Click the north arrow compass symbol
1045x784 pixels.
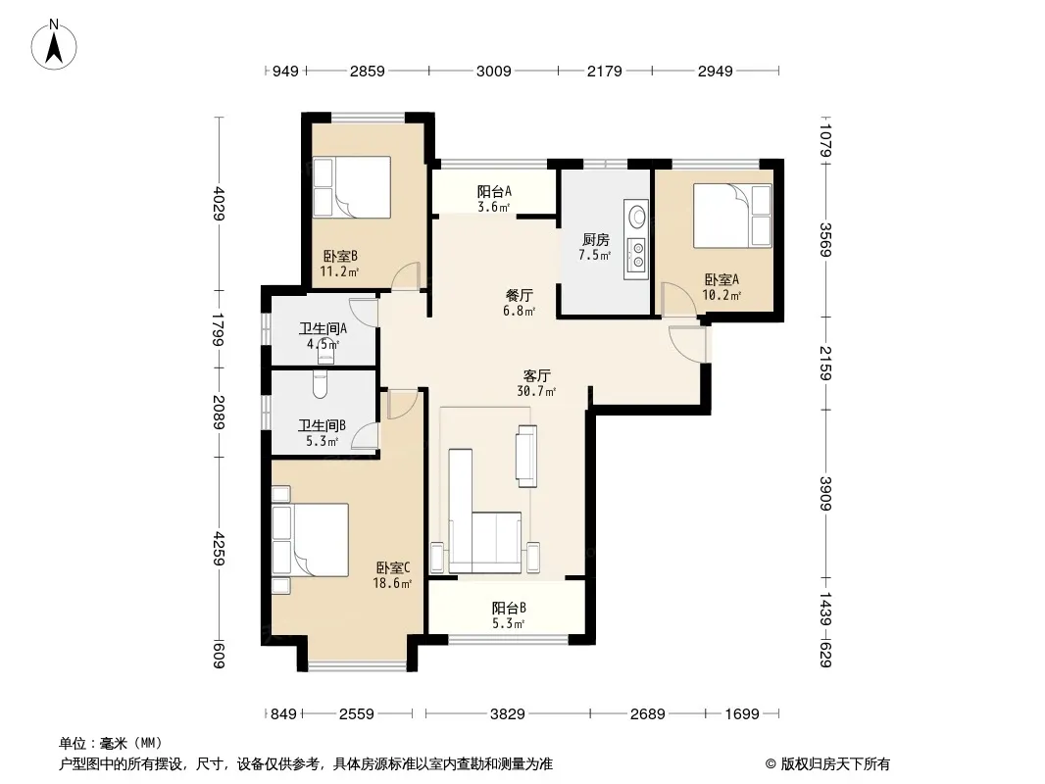54,44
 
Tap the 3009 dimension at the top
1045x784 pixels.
493,71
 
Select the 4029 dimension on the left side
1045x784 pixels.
220,203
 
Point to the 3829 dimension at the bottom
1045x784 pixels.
507,714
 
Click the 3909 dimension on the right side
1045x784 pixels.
825,494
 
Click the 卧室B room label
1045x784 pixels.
340,256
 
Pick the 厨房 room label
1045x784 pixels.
595,239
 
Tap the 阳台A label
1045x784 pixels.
494,191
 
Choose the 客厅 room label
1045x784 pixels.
536,376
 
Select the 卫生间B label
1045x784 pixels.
322,425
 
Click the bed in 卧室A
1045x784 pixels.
732,216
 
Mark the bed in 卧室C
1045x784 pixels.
310,540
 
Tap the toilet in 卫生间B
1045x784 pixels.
320,384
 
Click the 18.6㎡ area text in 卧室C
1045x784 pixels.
392,583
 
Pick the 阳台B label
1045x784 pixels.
509,608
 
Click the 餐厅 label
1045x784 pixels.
520,295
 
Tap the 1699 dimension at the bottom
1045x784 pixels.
742,714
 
